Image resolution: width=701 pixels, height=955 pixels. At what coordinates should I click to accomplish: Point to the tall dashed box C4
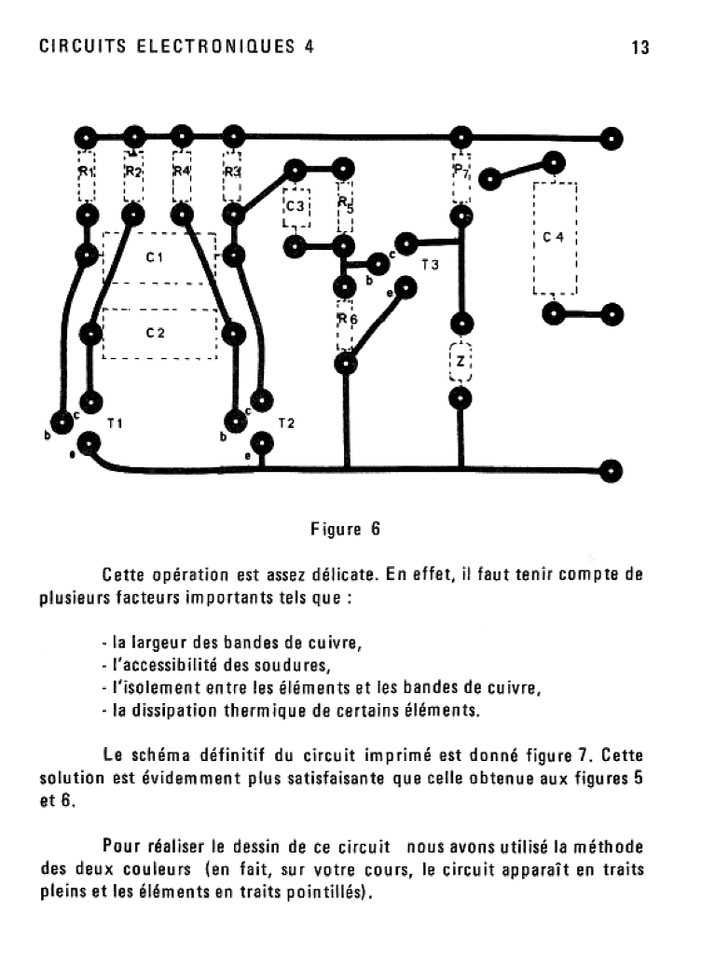[x=555, y=238]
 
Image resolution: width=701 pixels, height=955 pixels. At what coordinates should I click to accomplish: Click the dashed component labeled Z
[x=460, y=362]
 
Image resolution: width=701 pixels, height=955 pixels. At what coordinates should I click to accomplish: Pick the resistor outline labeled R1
[x=87, y=175]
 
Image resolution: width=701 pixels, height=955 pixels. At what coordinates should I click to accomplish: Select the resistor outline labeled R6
[x=346, y=322]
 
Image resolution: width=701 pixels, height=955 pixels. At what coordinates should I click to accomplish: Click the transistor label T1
[x=115, y=423]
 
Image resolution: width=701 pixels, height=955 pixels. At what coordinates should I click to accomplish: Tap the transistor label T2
[x=286, y=423]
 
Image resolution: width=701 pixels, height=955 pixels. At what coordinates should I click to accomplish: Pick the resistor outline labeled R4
[x=183, y=175]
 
